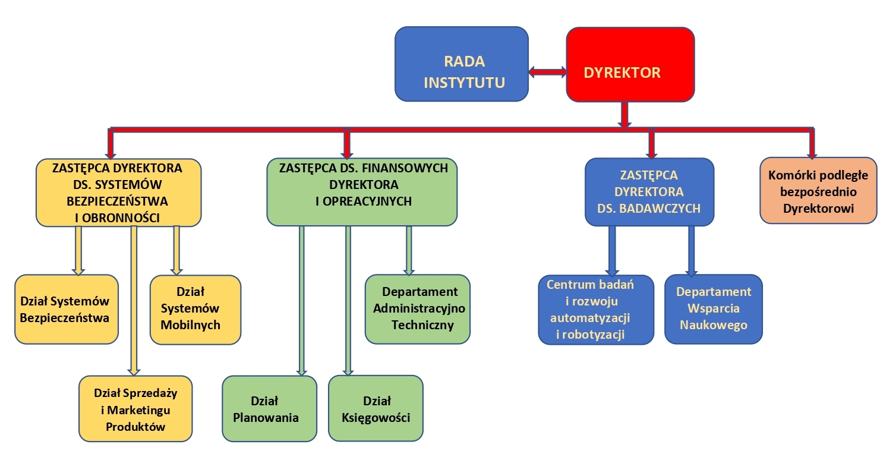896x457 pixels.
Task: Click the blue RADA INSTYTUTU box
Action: point(462,64)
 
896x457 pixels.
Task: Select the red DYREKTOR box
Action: point(630,64)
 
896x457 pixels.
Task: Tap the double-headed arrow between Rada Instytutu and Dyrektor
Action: point(548,73)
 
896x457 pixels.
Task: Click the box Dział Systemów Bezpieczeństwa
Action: point(67,310)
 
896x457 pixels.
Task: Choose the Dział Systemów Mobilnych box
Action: point(195,310)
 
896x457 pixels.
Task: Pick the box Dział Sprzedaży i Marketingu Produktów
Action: point(135,409)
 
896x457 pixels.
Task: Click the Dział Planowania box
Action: point(270,409)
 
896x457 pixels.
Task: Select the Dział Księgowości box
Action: point(376,409)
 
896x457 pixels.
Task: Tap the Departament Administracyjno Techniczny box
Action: point(418,309)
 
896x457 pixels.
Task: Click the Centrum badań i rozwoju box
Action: point(596,310)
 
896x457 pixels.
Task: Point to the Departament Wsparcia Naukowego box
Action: point(714,309)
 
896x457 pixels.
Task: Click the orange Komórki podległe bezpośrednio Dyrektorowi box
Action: point(818,191)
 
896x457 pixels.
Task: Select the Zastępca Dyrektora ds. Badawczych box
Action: point(649,192)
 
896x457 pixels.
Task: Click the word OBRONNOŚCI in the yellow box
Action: point(121,218)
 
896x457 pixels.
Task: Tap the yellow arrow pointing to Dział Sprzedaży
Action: point(134,301)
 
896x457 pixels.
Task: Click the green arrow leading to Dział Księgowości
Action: point(348,301)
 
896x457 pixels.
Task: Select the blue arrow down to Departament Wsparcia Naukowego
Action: point(691,251)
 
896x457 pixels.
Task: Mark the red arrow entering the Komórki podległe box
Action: point(812,143)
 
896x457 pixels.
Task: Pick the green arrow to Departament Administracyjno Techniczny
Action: point(409,251)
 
